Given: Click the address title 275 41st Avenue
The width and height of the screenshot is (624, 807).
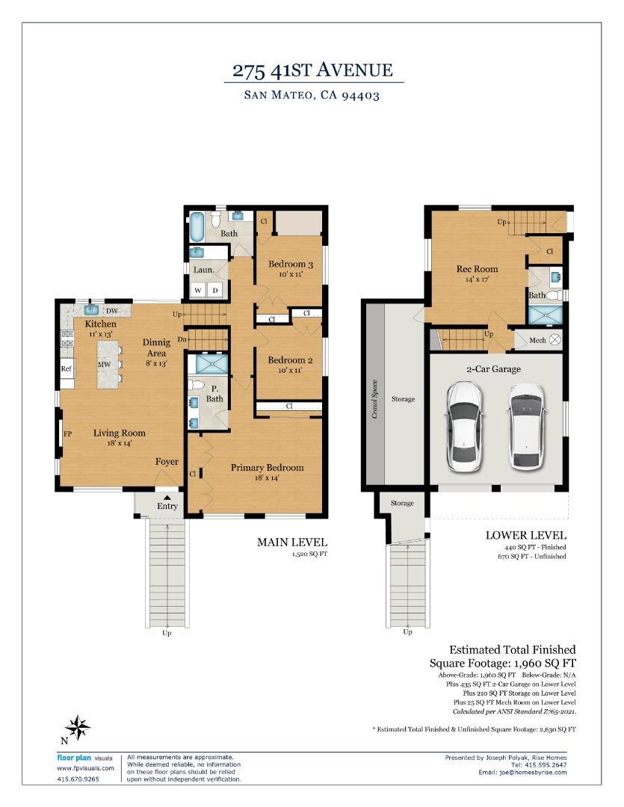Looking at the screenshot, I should coord(312,71).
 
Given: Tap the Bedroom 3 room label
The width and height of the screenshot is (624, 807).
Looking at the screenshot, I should coord(291,265).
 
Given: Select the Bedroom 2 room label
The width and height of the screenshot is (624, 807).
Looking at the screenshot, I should coord(291,359).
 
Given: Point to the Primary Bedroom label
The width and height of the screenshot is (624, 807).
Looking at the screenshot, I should coord(267,468).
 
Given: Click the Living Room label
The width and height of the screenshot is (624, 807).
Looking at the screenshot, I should coord(119,433).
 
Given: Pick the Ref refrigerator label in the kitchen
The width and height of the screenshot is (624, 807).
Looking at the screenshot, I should coord(67,368).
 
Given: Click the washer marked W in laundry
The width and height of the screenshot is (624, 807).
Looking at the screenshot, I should coord(198,290).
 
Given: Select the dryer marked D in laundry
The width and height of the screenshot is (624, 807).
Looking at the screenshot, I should coord(214,290).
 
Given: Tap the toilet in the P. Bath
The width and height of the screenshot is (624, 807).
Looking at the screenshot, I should coord(197,386).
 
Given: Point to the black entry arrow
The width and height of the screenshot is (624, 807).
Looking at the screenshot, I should coord(167,496).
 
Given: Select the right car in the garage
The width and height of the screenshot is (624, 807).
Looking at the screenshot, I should coord(527,427).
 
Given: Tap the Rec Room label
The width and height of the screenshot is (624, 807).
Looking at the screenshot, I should coord(477,269).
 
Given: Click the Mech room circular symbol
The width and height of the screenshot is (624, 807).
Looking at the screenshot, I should coord(555,339).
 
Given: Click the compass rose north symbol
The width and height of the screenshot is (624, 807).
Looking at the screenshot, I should coord(78,726).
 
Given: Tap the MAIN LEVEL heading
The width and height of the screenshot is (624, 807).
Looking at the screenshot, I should coord(292,542).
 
